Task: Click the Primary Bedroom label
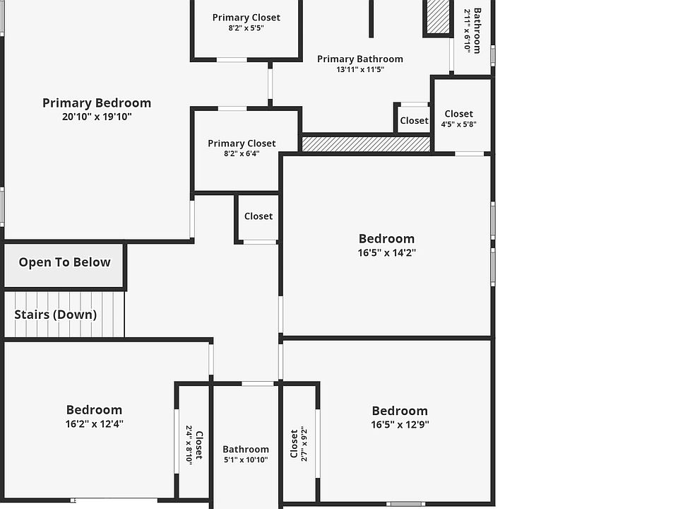[97, 103]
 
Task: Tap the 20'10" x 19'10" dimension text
[97, 117]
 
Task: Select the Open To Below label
[64, 262]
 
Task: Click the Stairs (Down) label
[56, 315]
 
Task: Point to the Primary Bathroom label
[360, 59]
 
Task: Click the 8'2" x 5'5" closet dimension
[246, 28]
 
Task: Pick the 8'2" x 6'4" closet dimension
[242, 153]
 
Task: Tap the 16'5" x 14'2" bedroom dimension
[386, 252]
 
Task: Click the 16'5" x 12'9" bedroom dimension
[400, 425]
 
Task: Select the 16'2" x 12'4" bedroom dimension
[94, 424]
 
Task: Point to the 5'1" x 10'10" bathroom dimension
[246, 460]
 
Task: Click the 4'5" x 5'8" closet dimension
[458, 124]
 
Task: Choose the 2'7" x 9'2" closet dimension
[304, 443]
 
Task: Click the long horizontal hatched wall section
[366, 144]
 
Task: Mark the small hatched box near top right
[438, 16]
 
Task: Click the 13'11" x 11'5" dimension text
[360, 69]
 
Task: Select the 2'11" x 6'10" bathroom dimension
[467, 30]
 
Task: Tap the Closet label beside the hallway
[258, 216]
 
